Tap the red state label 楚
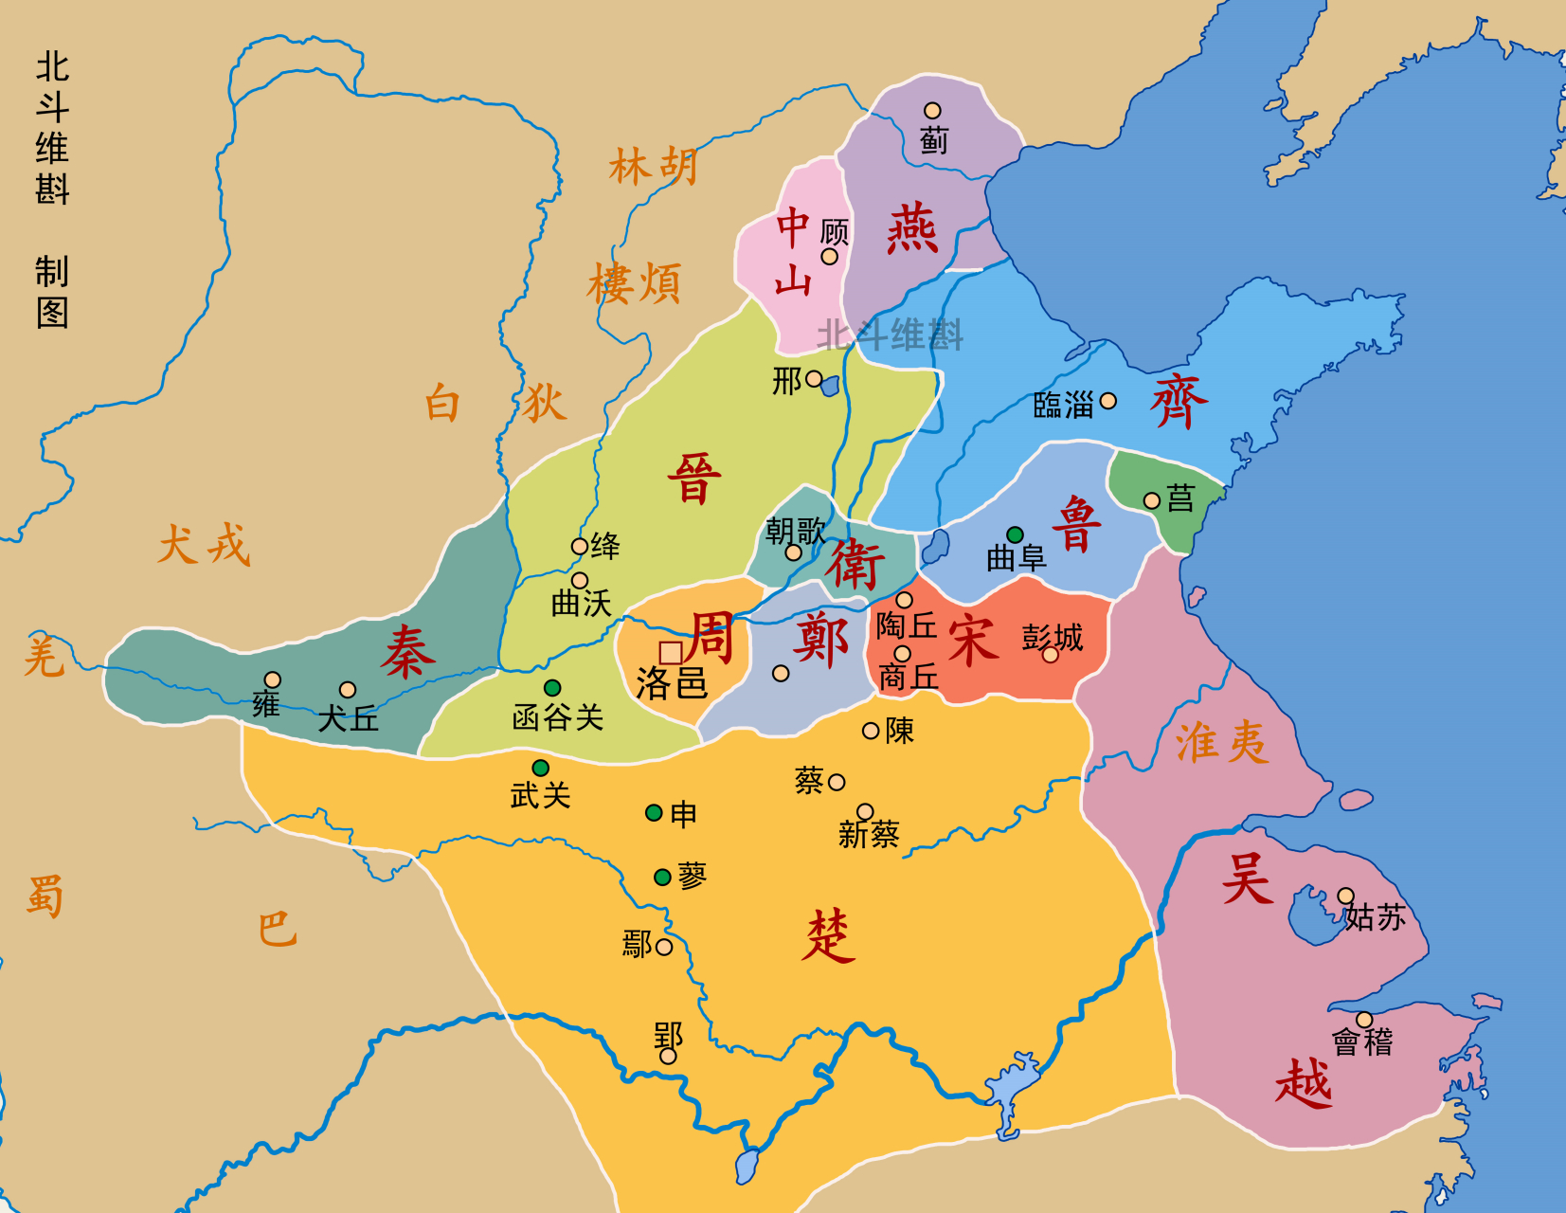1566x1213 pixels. [828, 936]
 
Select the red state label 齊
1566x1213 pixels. [1179, 401]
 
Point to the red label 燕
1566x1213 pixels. [911, 229]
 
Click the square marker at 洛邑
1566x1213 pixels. [671, 653]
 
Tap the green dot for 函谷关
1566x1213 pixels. [552, 688]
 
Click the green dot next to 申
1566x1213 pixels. [654, 813]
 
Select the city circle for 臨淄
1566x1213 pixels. [1107, 401]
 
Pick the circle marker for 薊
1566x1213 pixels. [932, 111]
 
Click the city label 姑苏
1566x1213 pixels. [1375, 917]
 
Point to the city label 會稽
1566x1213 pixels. [1362, 1042]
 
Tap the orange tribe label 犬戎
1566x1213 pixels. [204, 546]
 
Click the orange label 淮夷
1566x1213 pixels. [1221, 742]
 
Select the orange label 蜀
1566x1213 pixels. [45, 896]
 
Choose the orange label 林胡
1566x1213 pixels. [654, 167]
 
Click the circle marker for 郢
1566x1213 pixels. [668, 1056]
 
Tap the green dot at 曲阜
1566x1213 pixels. [1015, 534]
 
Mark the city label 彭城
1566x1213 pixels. [1052, 637]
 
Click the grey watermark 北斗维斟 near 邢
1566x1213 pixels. [890, 335]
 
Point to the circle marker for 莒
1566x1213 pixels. [1152, 500]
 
